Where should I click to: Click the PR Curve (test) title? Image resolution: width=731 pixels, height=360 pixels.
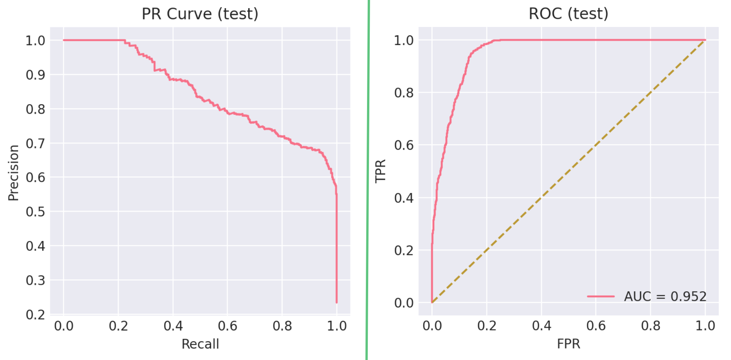click(x=200, y=14)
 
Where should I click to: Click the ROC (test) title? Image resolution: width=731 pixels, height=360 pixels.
click(x=568, y=14)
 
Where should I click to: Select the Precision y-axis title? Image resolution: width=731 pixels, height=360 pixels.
click(x=13, y=173)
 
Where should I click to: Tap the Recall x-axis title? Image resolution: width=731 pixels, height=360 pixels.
click(x=200, y=344)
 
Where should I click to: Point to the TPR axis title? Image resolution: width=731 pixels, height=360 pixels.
click(x=380, y=171)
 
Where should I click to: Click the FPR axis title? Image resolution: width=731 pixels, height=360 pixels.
click(x=568, y=344)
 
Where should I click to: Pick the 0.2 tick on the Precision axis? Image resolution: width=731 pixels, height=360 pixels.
click(x=35, y=315)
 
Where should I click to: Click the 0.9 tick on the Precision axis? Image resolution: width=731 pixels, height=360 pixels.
click(x=35, y=75)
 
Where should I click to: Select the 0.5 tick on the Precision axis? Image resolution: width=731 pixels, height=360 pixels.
click(x=35, y=212)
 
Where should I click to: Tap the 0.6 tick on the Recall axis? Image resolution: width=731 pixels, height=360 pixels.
click(x=228, y=326)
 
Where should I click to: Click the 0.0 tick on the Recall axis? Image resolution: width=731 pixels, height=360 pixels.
click(x=64, y=326)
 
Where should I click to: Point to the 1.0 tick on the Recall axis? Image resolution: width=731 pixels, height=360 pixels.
click(x=337, y=326)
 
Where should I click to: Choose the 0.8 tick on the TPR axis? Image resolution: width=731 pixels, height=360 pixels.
click(x=404, y=93)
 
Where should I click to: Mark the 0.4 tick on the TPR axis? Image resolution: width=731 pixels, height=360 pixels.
click(x=404, y=198)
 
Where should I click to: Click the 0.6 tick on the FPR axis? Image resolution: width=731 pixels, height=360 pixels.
click(x=596, y=326)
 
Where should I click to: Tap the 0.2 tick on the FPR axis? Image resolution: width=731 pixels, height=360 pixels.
click(x=487, y=326)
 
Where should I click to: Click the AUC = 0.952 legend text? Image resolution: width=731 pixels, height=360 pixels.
click(x=665, y=296)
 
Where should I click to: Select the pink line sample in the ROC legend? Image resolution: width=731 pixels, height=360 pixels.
click(x=601, y=296)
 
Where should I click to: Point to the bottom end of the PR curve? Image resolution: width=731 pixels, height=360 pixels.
click(x=337, y=302)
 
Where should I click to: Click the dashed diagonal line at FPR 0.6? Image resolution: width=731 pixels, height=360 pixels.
click(x=596, y=145)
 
